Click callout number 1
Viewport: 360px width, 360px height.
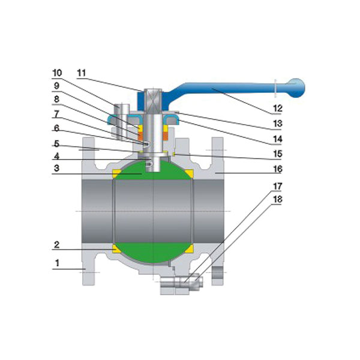click(x=57, y=263)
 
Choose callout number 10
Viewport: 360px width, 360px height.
click(x=56, y=73)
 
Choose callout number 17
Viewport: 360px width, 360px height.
click(x=277, y=187)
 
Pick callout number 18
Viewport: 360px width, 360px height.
click(x=277, y=199)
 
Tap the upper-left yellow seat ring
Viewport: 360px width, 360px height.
click(x=116, y=173)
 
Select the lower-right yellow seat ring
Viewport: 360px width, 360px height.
click(x=189, y=248)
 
